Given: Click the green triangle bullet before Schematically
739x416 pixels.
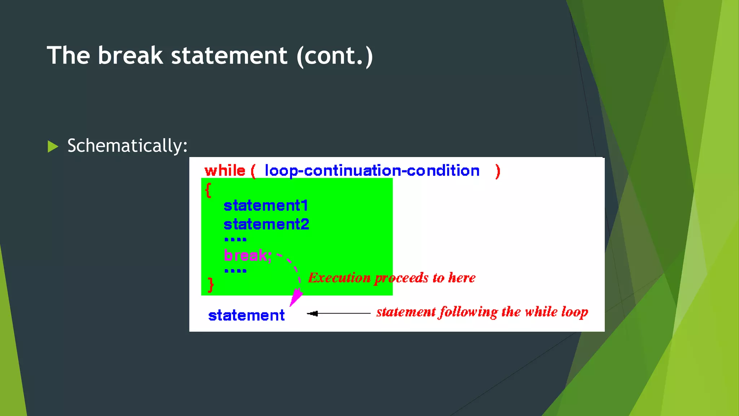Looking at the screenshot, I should pos(53,146).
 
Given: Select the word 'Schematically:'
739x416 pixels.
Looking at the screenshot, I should pos(127,146).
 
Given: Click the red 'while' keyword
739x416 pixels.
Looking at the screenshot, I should pos(225,170).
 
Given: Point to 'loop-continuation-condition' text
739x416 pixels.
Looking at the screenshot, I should pos(372,170).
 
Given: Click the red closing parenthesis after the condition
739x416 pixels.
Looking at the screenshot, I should pos(498,171).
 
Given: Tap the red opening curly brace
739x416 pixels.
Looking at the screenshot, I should pos(208,190).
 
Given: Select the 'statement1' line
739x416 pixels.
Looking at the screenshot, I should pos(266,205).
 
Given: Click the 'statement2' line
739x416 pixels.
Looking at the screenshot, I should pos(266,224).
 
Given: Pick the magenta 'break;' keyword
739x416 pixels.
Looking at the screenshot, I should pos(248,255).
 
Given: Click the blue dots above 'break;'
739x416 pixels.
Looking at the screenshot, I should pos(235,239).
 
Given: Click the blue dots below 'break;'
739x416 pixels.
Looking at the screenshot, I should pos(235,271).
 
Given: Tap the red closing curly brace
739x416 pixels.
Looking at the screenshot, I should pos(211,285).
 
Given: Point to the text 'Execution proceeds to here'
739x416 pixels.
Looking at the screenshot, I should pos(392,278).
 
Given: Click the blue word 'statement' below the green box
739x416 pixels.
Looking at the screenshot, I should pos(246,315).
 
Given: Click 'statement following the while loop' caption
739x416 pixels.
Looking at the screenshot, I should pos(482,312).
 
